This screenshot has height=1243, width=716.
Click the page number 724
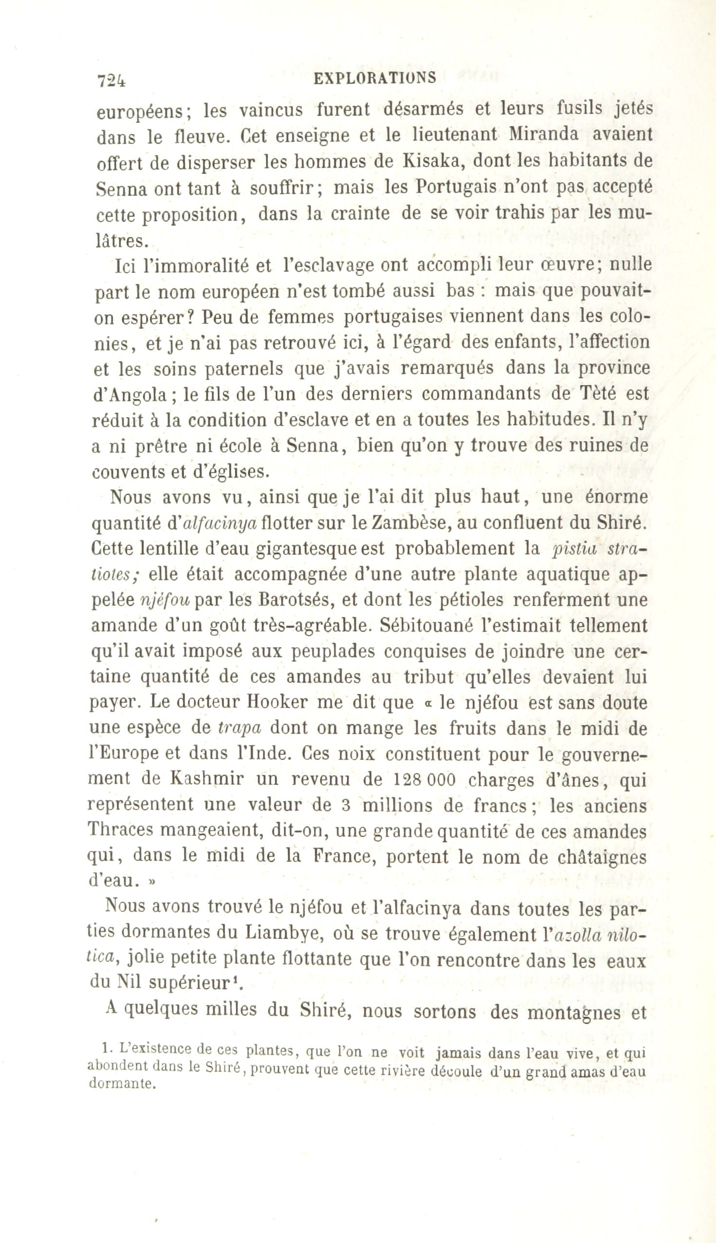point(112,80)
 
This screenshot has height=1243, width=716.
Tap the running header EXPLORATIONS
point(375,78)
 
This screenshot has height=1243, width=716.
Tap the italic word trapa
point(239,729)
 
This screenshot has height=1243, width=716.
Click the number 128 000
point(425,781)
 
